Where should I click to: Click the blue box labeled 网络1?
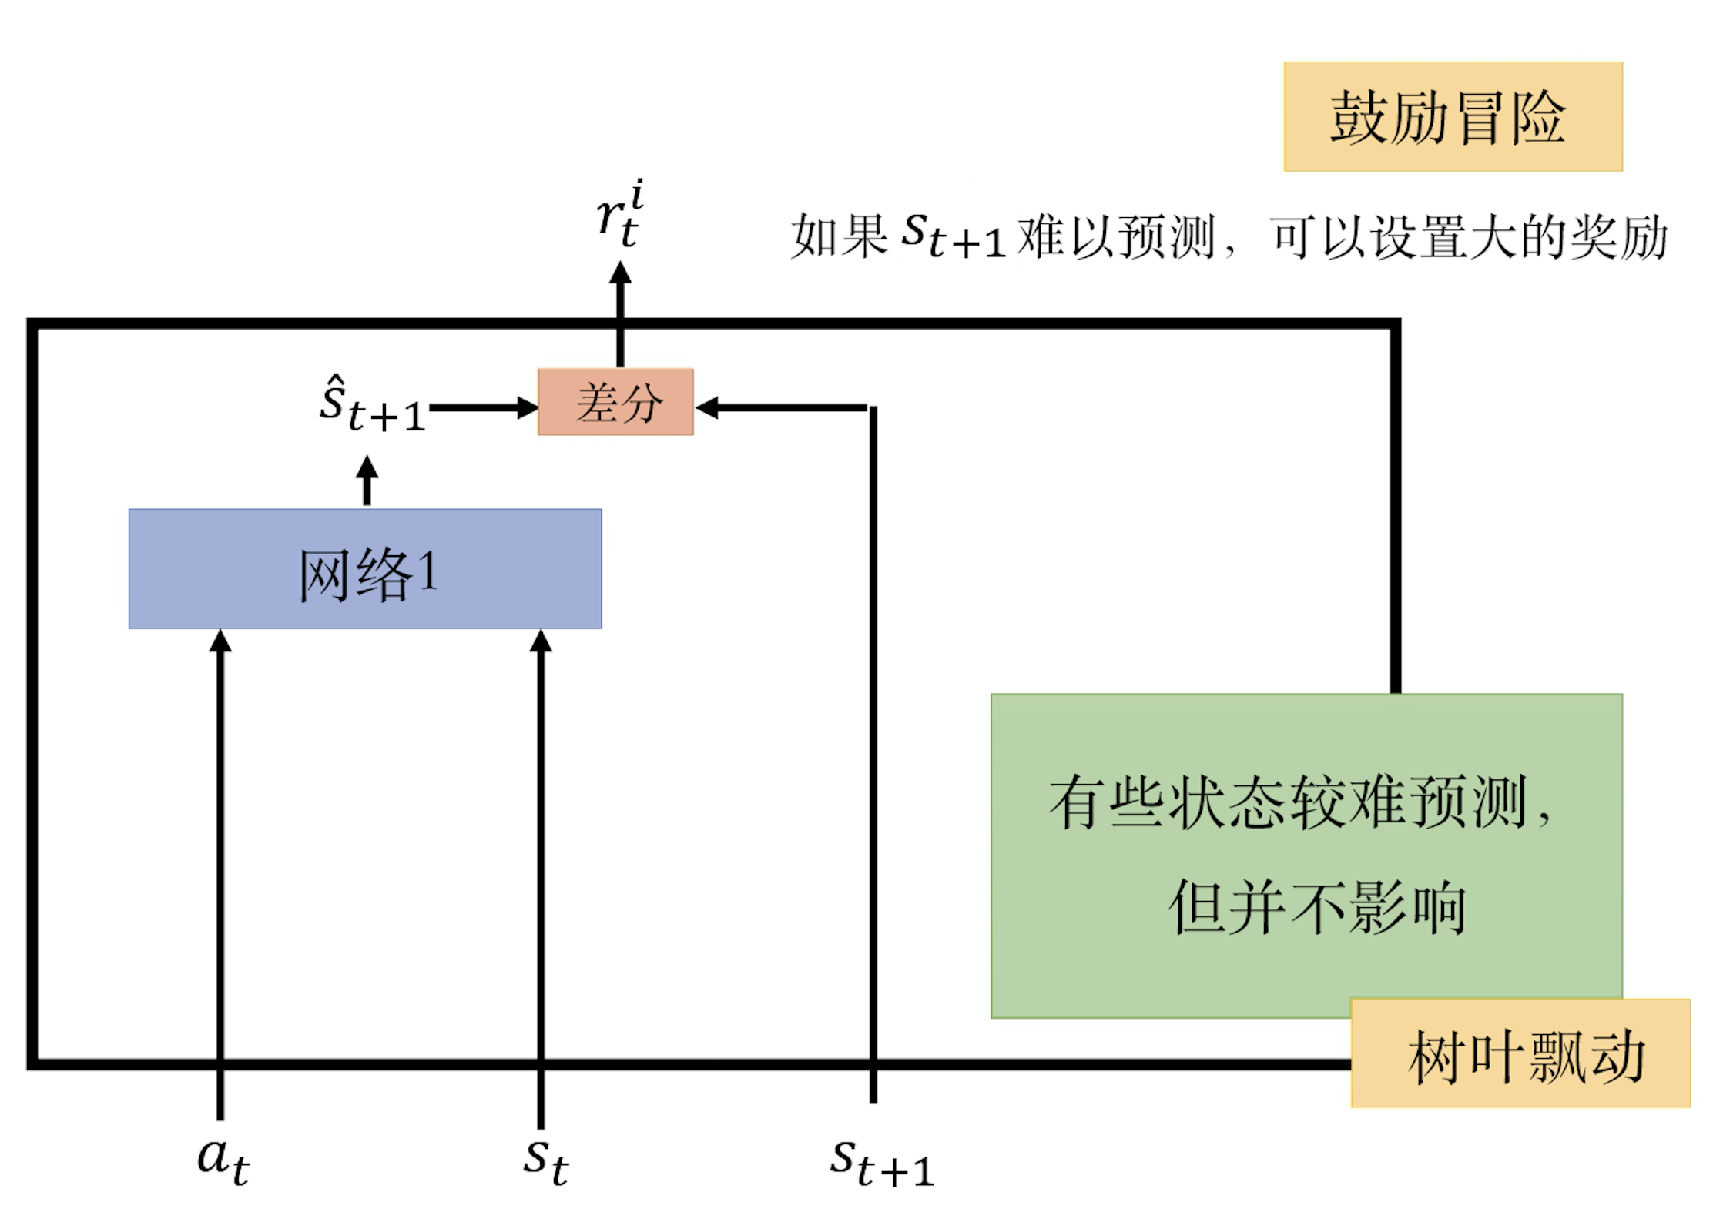(365, 569)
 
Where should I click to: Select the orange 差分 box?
(615, 402)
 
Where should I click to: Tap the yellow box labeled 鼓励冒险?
(1453, 117)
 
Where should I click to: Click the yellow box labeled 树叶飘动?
(1520, 1053)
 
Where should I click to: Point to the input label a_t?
(223, 1160)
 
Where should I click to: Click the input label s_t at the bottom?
(545, 1160)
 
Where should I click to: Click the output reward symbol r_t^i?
(620, 213)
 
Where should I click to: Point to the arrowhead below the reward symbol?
(620, 274)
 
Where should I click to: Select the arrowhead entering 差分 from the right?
(707, 407)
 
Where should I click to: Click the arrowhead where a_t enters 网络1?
(220, 641)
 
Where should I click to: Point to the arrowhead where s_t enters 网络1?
(541, 641)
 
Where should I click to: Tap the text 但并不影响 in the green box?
(1316, 907)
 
